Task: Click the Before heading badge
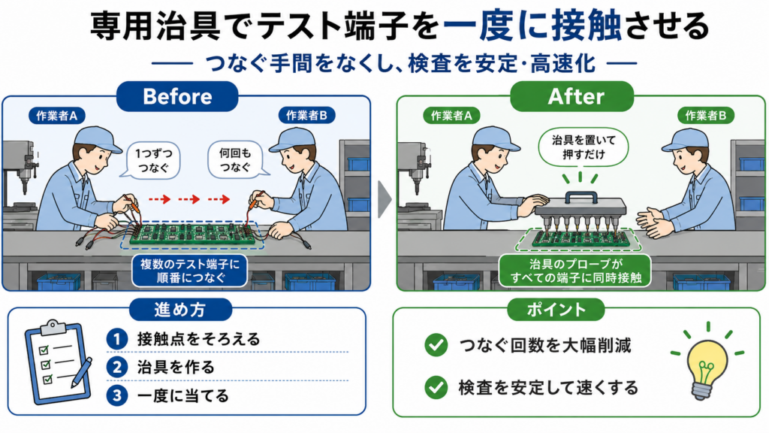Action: pyautogui.click(x=177, y=96)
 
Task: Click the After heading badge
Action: pyautogui.click(x=571, y=96)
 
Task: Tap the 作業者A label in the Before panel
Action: pyautogui.click(x=57, y=116)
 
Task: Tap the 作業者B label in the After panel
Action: pyautogui.click(x=706, y=116)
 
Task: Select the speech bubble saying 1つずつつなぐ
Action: pyautogui.click(x=152, y=161)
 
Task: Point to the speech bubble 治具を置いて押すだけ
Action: pyautogui.click(x=583, y=147)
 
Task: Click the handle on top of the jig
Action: pyautogui.click(x=581, y=196)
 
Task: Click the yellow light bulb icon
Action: pyautogui.click(x=707, y=362)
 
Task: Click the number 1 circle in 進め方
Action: pyautogui.click(x=116, y=339)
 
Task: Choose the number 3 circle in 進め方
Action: pyautogui.click(x=116, y=395)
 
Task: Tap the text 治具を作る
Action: pyautogui.click(x=176, y=367)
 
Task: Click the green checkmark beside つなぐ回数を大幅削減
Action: pyautogui.click(x=436, y=345)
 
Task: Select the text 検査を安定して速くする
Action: pyautogui.click(x=548, y=388)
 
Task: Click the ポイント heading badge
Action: pyautogui.click(x=556, y=309)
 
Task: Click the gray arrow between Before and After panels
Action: pyautogui.click(x=384, y=199)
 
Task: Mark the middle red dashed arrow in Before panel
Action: pyautogui.click(x=188, y=198)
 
